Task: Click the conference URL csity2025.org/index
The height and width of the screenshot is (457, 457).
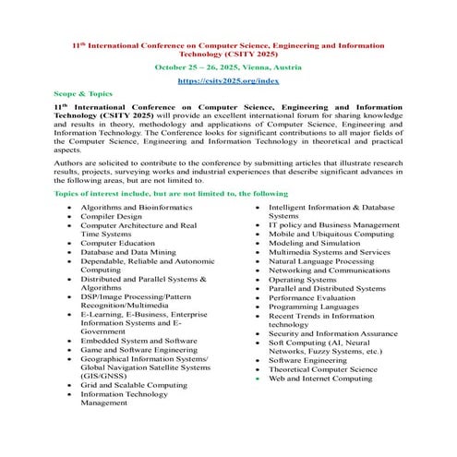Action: [x=228, y=81]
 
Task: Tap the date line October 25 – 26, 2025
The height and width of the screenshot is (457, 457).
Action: [x=228, y=66]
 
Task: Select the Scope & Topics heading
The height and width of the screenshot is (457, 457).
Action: [x=82, y=95]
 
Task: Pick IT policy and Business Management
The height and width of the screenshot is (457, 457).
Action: [x=333, y=225]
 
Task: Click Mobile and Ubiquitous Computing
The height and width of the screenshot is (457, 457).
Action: [x=330, y=235]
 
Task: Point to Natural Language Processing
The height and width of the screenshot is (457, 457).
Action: [x=320, y=261]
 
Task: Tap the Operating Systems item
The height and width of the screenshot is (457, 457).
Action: [x=302, y=279]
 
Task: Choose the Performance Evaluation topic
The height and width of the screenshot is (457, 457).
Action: [x=311, y=297]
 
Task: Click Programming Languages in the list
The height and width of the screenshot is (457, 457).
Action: [x=313, y=307]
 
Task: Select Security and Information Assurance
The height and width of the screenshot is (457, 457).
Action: [x=333, y=333]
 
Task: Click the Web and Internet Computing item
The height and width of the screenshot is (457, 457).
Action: [x=320, y=378]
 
